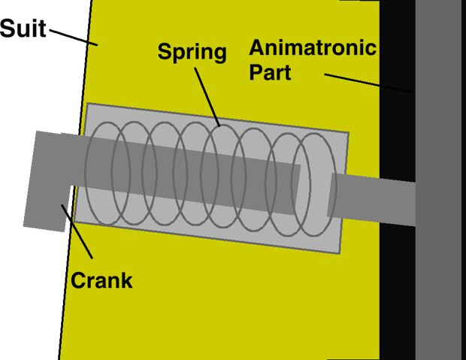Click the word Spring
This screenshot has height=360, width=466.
pyautogui.click(x=192, y=52)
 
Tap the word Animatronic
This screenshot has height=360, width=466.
pyautogui.click(x=312, y=49)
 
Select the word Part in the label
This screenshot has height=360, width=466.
pyautogui.click(x=270, y=74)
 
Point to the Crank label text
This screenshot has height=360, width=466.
pyautogui.click(x=101, y=281)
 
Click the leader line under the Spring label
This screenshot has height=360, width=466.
pyautogui.click(x=207, y=97)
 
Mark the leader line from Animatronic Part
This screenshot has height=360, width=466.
pyautogui.click(x=368, y=83)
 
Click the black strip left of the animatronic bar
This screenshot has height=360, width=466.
pyautogui.click(x=397, y=286)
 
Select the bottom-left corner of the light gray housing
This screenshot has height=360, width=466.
pyautogui.click(x=77, y=222)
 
